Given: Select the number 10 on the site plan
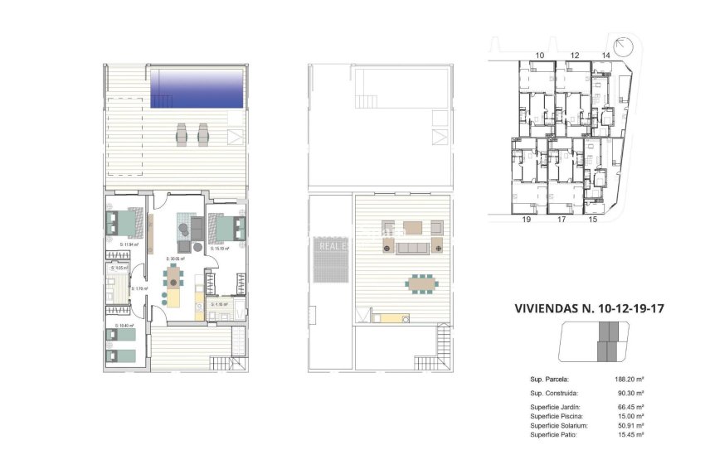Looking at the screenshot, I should click(x=540, y=55).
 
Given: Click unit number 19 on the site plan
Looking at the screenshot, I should click(x=526, y=220).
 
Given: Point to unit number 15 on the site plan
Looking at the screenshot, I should click(x=592, y=220).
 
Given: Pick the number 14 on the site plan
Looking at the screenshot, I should click(x=605, y=55).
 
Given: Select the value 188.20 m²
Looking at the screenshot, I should click(x=629, y=379).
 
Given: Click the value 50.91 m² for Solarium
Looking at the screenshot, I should click(x=630, y=425).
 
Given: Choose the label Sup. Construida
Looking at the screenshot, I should click(x=554, y=393).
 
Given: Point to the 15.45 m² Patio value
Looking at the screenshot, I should click(x=630, y=434).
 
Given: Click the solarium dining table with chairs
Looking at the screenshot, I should click(x=421, y=283).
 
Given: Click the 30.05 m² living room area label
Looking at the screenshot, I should click(x=175, y=259).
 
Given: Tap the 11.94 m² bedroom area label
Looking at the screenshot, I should click(x=128, y=245).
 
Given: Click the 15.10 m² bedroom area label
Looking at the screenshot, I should click(x=220, y=249).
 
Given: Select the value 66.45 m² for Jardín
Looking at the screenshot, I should click(x=630, y=407).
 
